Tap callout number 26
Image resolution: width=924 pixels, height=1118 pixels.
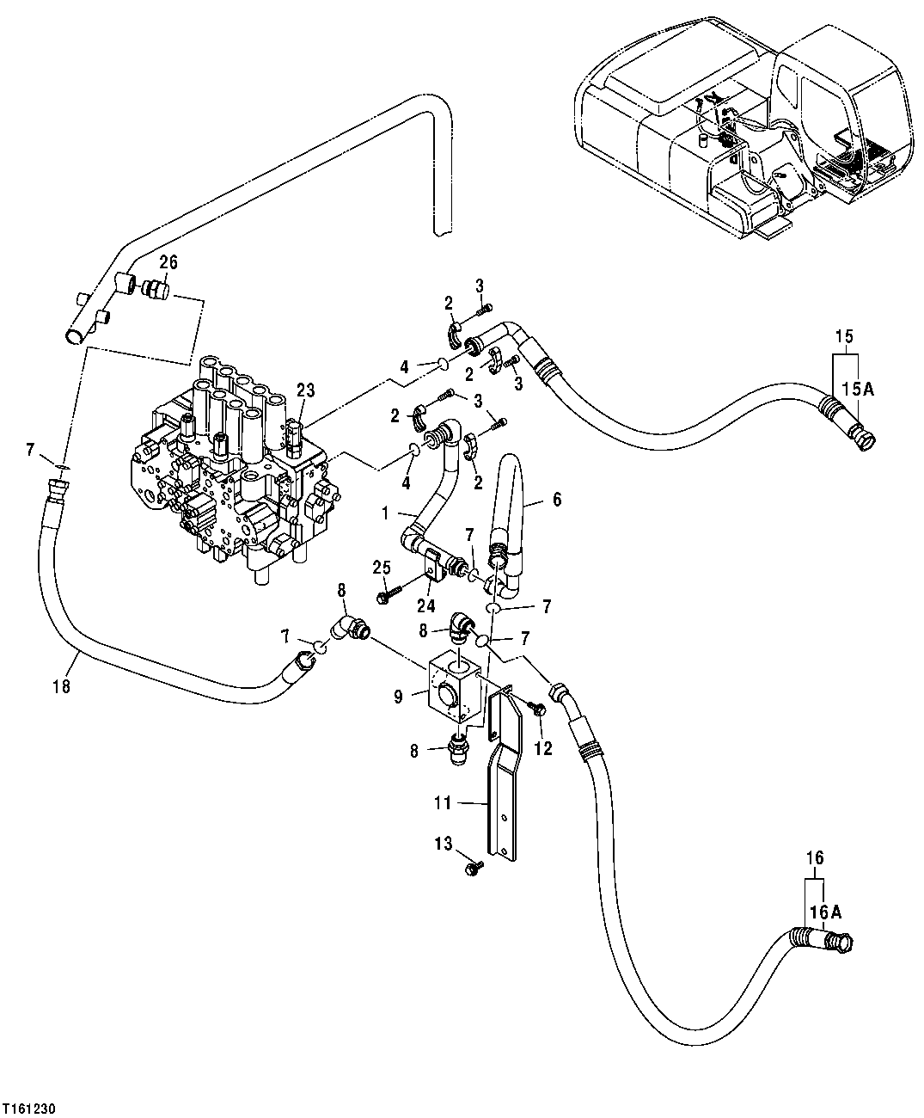click(168, 261)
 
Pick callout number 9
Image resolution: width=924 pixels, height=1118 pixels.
click(398, 697)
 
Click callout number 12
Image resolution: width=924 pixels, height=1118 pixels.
click(542, 748)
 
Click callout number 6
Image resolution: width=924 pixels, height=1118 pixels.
click(556, 499)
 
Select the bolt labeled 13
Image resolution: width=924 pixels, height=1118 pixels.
click(472, 870)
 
